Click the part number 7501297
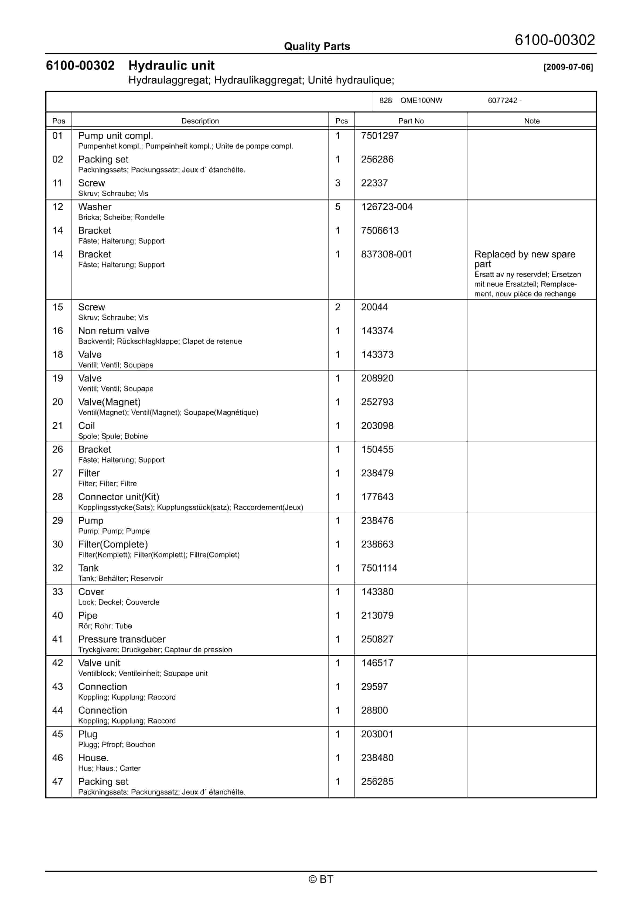(379, 136)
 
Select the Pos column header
(59, 121)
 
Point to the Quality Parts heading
(317, 47)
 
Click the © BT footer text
(321, 879)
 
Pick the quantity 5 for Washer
(338, 207)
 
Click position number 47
(58, 782)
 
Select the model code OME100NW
(421, 101)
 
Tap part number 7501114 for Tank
(379, 568)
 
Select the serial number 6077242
(502, 101)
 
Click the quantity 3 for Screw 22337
(338, 183)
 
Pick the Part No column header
(411, 121)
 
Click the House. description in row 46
(93, 758)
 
